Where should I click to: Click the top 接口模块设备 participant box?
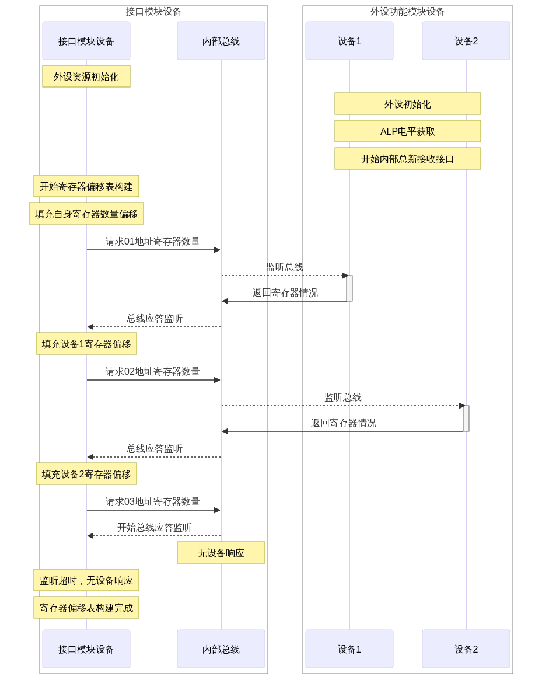tap(86, 41)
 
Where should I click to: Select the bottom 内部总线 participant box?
tap(221, 648)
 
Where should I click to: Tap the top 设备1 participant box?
tap(349, 41)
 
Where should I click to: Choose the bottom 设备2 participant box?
tap(466, 648)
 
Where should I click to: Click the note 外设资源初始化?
tap(86, 76)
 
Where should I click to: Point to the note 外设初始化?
tap(408, 104)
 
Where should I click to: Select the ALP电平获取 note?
tap(408, 131)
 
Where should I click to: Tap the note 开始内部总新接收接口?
tap(408, 159)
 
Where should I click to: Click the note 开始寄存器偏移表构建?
tap(86, 187)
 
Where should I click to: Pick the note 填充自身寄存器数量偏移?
tap(86, 214)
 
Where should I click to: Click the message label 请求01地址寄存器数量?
tap(153, 241)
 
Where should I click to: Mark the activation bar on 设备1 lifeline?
tap(349, 288)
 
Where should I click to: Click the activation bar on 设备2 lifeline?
tap(466, 419)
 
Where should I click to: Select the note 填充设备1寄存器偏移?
tap(86, 344)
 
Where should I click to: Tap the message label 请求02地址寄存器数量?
tap(153, 371)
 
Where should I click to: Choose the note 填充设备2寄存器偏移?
tap(86, 474)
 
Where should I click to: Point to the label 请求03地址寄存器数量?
tap(153, 501)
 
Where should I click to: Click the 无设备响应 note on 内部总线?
tap(221, 553)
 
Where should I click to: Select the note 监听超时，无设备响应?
tap(86, 580)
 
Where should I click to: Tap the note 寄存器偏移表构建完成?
tap(86, 608)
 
